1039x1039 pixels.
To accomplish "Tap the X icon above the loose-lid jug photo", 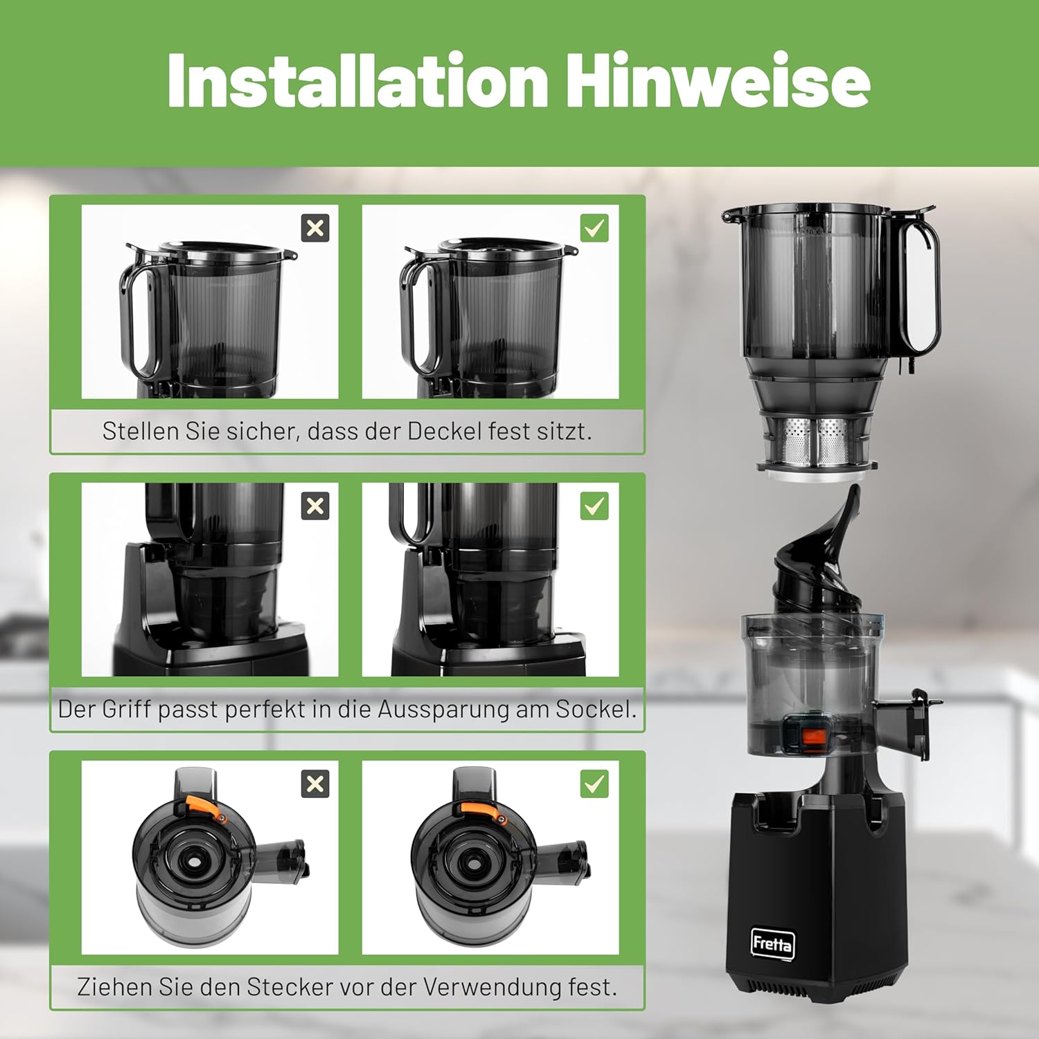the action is (x=315, y=228).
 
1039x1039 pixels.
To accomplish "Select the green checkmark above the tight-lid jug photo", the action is (x=594, y=228).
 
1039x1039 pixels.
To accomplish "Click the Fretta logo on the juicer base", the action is (x=772, y=943).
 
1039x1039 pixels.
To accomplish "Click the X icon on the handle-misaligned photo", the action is (x=315, y=506).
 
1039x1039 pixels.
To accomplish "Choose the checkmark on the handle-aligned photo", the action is (x=594, y=506).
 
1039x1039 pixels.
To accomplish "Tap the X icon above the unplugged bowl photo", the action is (x=315, y=784).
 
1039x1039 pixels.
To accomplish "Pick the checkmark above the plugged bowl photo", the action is (x=594, y=784).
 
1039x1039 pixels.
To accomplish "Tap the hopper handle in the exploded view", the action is (x=921, y=277).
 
